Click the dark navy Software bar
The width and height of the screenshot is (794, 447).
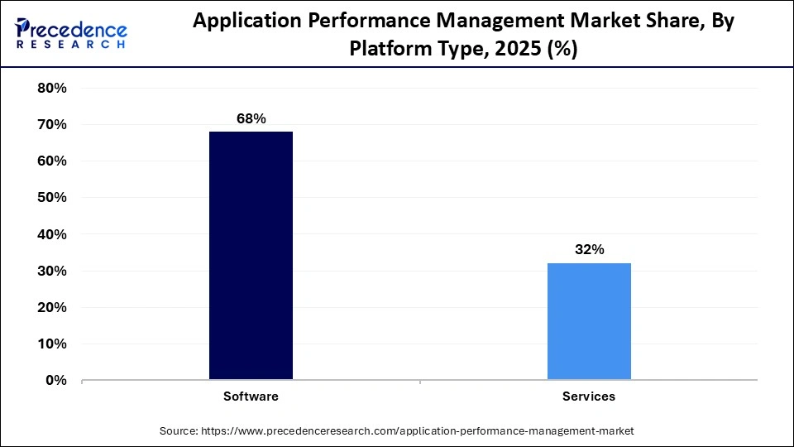click(x=251, y=255)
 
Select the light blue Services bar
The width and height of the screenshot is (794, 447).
click(x=589, y=321)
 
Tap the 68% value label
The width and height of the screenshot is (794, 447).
click(x=251, y=119)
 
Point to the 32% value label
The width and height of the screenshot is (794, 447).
click(x=589, y=249)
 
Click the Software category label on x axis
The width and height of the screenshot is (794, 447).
click(x=251, y=397)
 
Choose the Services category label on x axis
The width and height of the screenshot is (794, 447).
click(x=589, y=397)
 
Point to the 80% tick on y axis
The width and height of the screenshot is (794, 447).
click(x=52, y=89)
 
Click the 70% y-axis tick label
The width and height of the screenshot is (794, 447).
click(x=52, y=125)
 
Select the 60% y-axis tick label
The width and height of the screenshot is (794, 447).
click(x=52, y=161)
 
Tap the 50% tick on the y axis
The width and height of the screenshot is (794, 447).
click(x=52, y=198)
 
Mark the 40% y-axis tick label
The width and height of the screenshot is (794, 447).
click(x=52, y=234)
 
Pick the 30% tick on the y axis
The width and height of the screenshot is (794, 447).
click(x=52, y=271)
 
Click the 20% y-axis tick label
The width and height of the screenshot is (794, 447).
click(x=52, y=307)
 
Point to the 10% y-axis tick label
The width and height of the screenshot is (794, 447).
click(x=52, y=344)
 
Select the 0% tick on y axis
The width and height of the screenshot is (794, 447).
click(x=55, y=380)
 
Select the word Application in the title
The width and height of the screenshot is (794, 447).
click(x=240, y=22)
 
